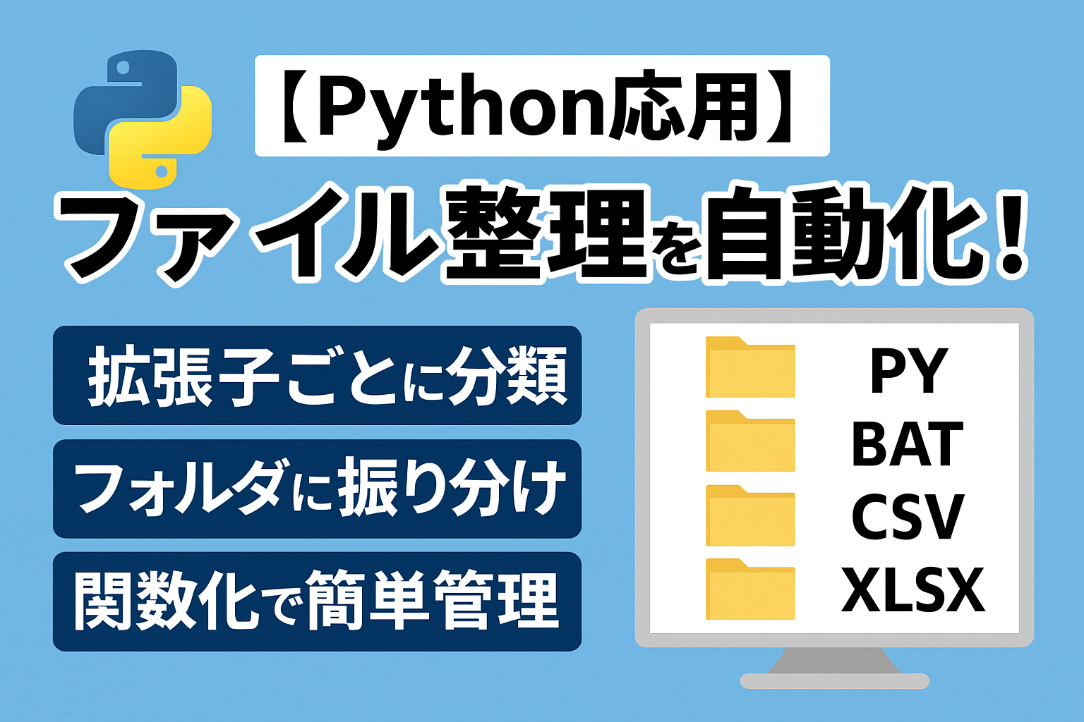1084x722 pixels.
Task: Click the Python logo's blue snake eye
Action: [123, 68]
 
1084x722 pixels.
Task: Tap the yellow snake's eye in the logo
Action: [162, 171]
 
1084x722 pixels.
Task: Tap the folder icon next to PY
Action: [750, 367]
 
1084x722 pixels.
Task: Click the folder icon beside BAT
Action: [750, 441]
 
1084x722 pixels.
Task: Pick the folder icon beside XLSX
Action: [750, 589]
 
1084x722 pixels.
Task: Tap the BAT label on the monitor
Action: [908, 443]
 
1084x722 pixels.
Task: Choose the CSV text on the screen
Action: [908, 517]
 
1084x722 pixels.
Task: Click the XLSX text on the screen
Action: [913, 589]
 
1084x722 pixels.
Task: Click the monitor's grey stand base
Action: [834, 680]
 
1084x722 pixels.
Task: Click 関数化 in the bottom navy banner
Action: [164, 601]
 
